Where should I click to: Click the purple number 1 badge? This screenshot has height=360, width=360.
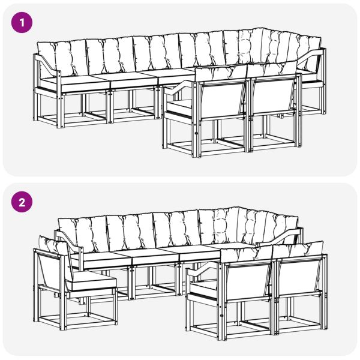(x=22, y=23)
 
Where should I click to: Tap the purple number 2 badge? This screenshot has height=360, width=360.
(x=22, y=202)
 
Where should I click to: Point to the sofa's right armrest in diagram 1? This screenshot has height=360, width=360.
(x=312, y=58)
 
